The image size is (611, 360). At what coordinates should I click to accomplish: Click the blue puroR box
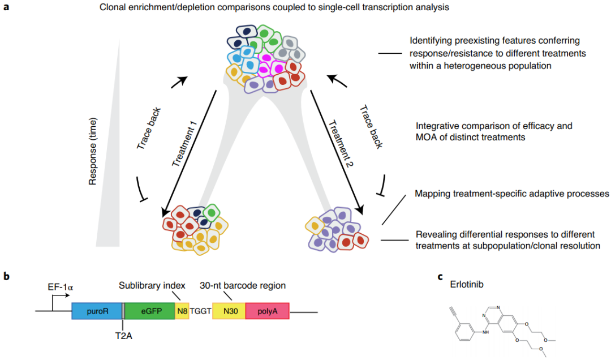pos(97,311)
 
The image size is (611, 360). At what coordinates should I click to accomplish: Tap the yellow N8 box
pos(182,311)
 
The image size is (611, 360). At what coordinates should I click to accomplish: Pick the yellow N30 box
pos(229,311)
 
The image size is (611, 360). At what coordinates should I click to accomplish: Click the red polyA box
pos(267,311)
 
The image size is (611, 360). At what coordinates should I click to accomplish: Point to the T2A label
pos(124,334)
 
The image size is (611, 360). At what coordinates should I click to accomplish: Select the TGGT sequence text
pos(201,311)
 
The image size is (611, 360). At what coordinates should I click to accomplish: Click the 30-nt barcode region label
pos(243,285)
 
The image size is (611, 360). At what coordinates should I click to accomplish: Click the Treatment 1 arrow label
pos(183,145)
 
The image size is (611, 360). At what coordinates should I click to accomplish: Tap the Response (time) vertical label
pos(94,152)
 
